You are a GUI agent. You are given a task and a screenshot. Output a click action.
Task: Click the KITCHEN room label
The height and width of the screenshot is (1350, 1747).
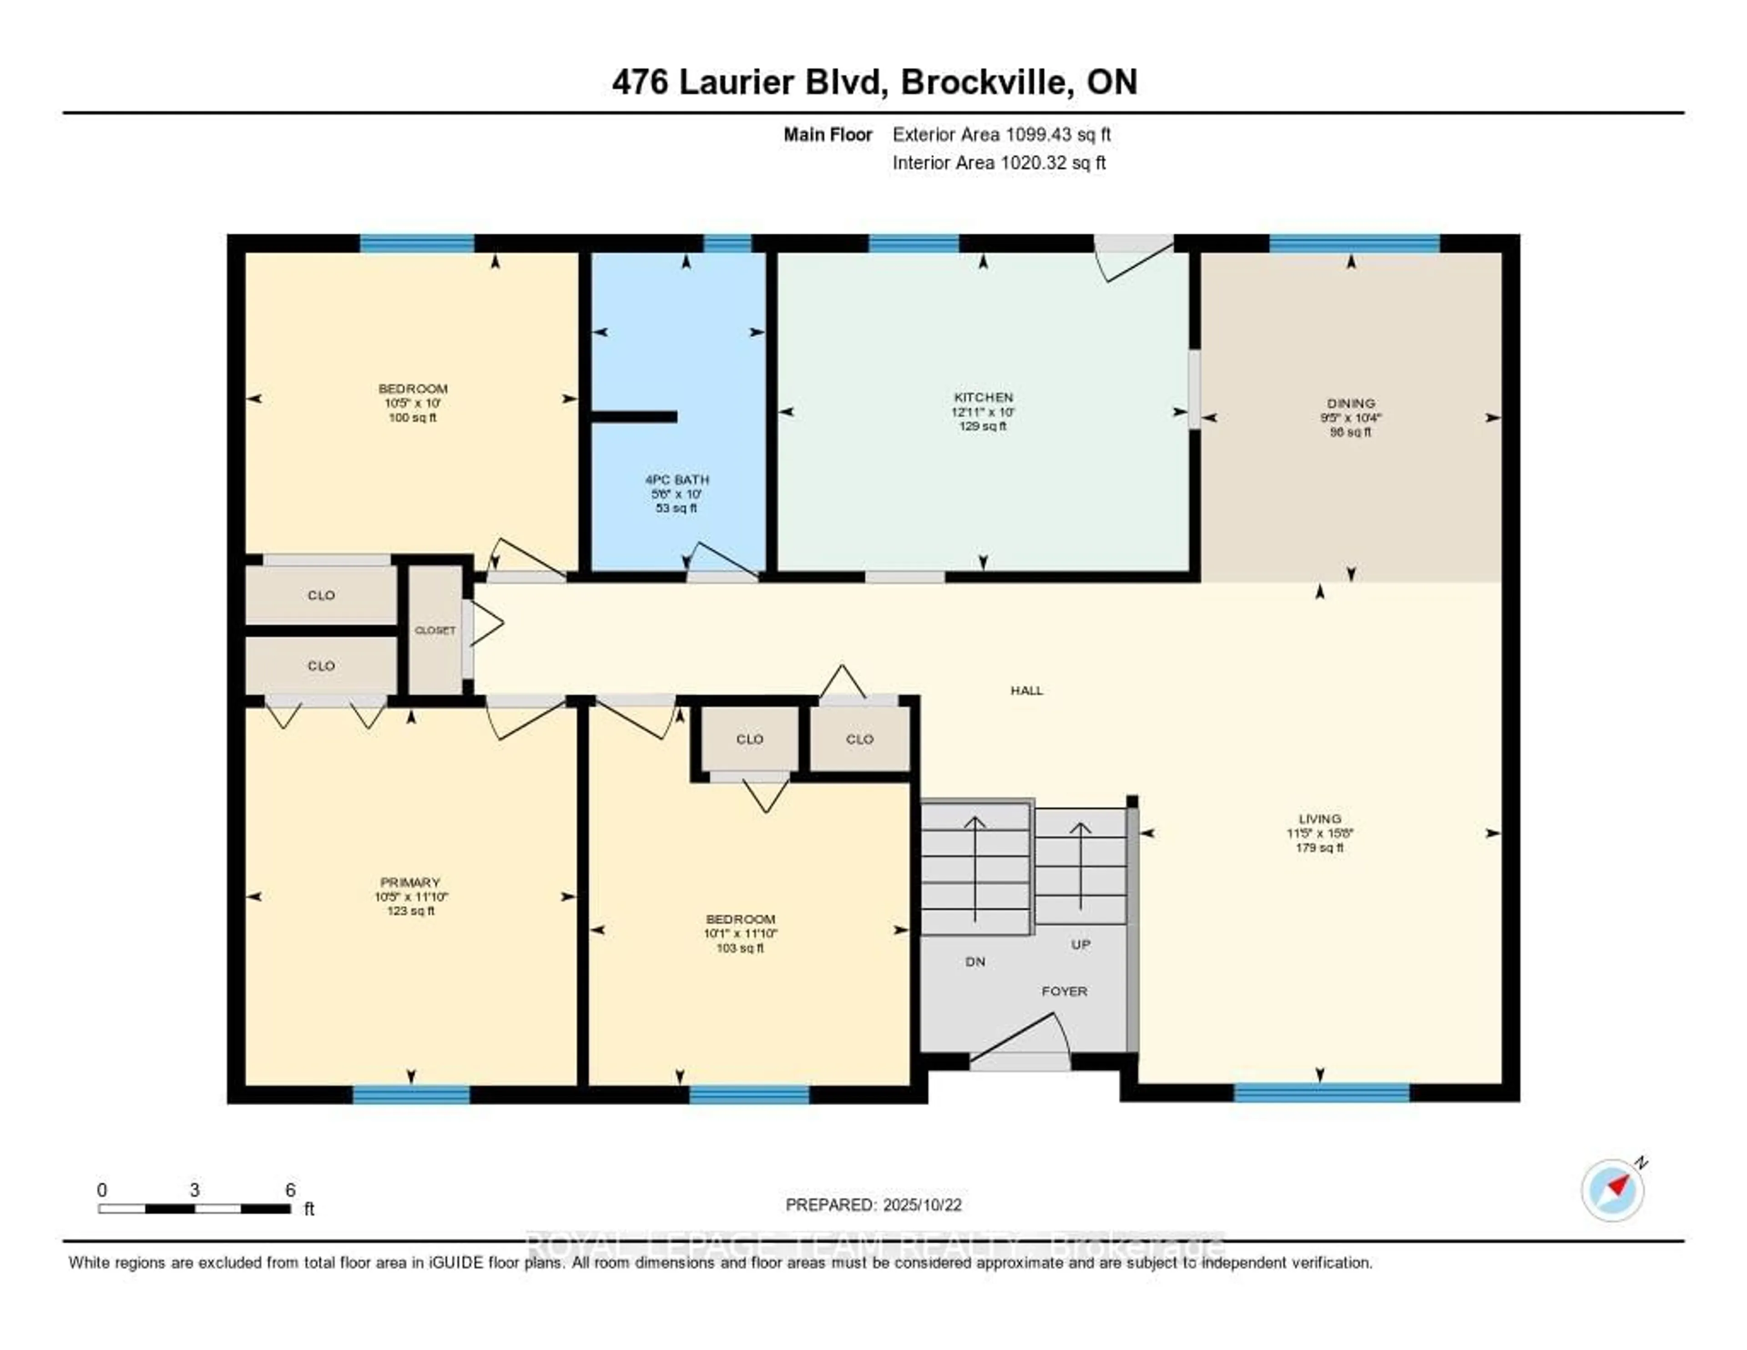point(983,397)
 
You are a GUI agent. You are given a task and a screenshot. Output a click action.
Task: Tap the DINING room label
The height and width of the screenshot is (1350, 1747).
point(1350,403)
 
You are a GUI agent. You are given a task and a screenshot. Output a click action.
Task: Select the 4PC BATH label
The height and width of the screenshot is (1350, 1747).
point(677,479)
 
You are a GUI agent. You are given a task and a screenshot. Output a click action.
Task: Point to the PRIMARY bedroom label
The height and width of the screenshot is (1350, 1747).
point(410,882)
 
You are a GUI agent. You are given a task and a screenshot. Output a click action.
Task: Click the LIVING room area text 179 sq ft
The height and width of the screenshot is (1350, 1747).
point(1319,848)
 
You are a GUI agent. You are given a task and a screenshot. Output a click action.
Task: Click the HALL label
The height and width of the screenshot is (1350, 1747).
point(1026,690)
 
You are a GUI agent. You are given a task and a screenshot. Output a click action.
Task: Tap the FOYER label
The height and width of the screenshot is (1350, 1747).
point(1064,991)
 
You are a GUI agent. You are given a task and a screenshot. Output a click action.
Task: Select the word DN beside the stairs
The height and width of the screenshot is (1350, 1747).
point(975,962)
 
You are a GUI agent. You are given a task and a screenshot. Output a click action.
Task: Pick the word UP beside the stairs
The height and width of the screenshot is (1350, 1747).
point(1080,944)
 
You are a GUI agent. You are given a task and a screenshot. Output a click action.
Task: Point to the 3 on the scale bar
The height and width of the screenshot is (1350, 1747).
point(194,1190)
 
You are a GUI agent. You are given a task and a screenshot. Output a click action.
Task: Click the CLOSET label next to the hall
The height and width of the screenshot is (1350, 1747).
point(435,630)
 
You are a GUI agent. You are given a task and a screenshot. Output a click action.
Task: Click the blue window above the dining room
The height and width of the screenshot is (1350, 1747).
point(1354,243)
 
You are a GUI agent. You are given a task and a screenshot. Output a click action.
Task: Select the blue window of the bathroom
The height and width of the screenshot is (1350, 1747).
point(727,243)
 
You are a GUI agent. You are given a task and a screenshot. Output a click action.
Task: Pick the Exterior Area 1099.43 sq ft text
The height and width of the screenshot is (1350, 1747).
point(1001,134)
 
